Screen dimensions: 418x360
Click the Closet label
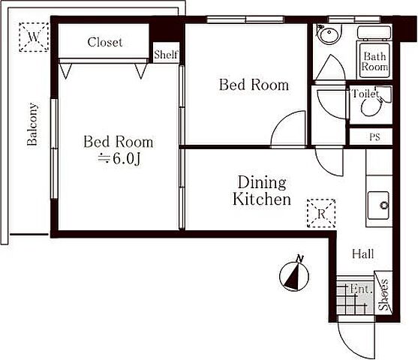pyautogui.click(x=105, y=42)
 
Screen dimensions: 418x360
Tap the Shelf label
pyautogui.click(x=166, y=55)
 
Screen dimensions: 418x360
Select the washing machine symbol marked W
pyautogui.click(x=34, y=37)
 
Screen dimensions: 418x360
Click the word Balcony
pyautogui.click(x=32, y=124)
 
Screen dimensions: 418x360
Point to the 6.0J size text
pyautogui.click(x=119, y=159)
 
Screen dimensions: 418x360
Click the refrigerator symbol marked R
pyautogui.click(x=321, y=214)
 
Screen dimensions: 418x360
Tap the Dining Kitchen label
pyautogui.click(x=262, y=190)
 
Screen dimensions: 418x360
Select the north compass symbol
pyautogui.click(x=295, y=274)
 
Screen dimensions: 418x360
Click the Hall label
pyautogui.click(x=362, y=253)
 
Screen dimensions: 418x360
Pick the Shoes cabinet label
pyautogui.click(x=384, y=295)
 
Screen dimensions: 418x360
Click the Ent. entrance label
pyautogui.click(x=361, y=289)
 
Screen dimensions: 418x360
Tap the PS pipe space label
pyautogui.click(x=374, y=137)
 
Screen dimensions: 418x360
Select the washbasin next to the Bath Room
pyautogui.click(x=328, y=34)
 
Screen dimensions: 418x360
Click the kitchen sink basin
pyautogui.click(x=378, y=205)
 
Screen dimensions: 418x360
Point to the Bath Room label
pyautogui.click(x=374, y=61)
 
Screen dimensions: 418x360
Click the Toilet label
pyautogui.click(x=365, y=93)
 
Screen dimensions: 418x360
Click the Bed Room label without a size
pyautogui.click(x=254, y=85)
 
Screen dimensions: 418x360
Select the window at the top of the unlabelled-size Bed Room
pyautogui.click(x=245, y=19)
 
